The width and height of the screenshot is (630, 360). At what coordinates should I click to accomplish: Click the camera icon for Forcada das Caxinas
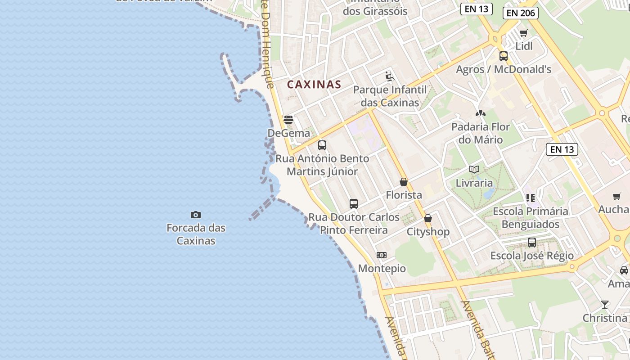tap(196, 215)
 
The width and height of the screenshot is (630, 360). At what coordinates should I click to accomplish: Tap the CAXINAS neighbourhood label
tap(314, 84)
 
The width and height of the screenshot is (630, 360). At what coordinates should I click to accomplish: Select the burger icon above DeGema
tap(288, 120)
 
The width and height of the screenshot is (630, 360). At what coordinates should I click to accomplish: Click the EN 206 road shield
tap(521, 13)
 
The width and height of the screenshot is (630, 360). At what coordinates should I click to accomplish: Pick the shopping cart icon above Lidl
tap(523, 33)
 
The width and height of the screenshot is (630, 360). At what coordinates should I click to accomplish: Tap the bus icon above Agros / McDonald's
tap(504, 56)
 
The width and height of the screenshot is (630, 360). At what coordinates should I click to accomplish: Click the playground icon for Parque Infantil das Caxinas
tap(390, 76)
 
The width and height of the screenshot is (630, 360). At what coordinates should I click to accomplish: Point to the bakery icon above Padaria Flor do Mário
tap(481, 113)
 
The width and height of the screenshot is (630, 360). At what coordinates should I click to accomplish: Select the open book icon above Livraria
tap(474, 169)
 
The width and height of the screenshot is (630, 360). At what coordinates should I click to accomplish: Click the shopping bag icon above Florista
tap(404, 182)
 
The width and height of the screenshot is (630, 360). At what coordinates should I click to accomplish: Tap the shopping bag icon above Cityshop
tap(428, 218)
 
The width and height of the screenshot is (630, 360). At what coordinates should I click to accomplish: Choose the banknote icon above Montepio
tap(382, 255)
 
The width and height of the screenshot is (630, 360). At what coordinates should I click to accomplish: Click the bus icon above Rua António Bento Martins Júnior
tap(322, 145)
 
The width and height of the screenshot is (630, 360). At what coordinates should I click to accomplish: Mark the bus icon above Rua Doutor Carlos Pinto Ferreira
tap(354, 203)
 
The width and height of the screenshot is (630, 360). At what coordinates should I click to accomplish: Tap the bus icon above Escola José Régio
tap(532, 243)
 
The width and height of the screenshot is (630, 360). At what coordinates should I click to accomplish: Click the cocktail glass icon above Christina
tap(605, 304)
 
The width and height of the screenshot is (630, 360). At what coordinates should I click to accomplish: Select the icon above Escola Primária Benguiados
tap(531, 198)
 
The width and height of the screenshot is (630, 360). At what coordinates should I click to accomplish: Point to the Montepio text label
tap(382, 269)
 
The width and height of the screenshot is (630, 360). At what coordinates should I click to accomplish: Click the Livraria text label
tap(474, 183)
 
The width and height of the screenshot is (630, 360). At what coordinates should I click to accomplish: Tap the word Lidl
tap(524, 46)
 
